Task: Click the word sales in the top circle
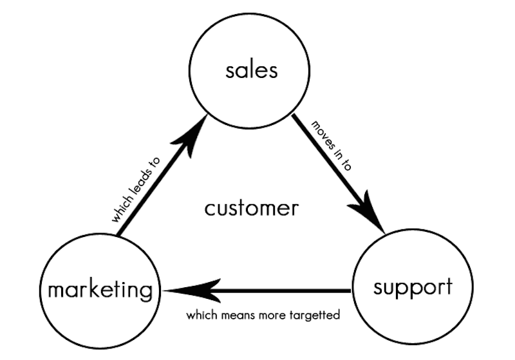(252, 70)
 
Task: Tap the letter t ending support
(448, 286)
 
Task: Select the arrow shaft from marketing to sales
(151, 187)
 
